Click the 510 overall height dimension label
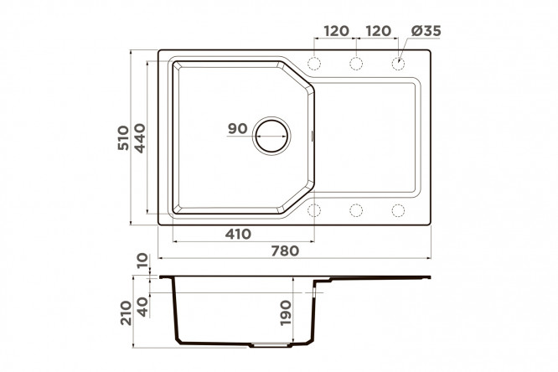123,137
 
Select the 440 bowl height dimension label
139,138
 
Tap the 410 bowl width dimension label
238,234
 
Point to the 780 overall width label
285,251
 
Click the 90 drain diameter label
238,128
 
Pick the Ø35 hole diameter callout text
426,31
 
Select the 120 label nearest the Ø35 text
379,31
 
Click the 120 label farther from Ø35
336,31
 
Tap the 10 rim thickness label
142,261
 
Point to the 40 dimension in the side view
142,307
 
